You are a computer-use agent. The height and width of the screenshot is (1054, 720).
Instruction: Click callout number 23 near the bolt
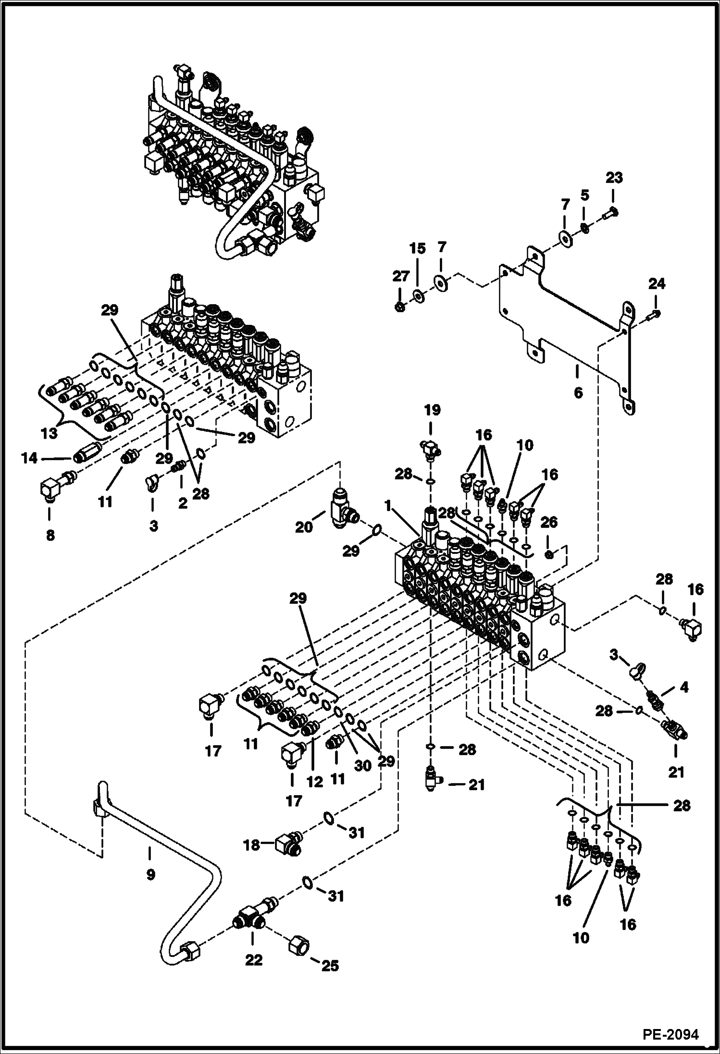point(614,178)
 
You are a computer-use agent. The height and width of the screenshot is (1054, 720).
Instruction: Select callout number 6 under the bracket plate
point(578,393)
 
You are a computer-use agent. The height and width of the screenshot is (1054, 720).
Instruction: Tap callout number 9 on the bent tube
point(150,874)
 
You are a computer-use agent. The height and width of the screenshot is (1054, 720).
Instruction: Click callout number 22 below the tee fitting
point(254,960)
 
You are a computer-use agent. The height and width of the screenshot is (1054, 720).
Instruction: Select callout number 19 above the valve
point(432,410)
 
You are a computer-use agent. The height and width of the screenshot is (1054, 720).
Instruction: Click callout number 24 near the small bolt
point(657,284)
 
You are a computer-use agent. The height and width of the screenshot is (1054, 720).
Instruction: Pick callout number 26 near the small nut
point(549,522)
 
